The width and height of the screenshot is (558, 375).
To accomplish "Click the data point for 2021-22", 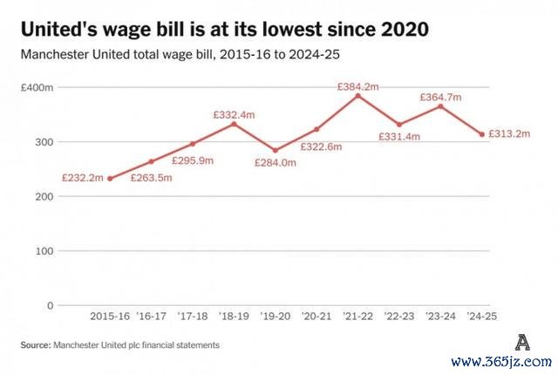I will point(357,95).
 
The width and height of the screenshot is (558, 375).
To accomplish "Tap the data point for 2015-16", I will point(110,178).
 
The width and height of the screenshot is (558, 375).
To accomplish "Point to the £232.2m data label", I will point(83,178).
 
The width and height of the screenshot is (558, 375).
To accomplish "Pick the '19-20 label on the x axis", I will point(275,317).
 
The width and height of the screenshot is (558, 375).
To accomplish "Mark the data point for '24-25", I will point(482,134).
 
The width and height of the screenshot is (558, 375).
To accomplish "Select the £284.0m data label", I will point(275,162).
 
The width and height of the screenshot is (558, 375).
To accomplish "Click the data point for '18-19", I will point(234,124).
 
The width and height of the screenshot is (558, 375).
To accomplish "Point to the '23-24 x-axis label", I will point(441,317).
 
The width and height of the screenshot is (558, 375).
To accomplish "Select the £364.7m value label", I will point(441,98).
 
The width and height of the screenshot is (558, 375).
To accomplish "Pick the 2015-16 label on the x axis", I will point(110,317).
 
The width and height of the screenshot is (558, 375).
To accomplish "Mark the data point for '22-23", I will point(399,125).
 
